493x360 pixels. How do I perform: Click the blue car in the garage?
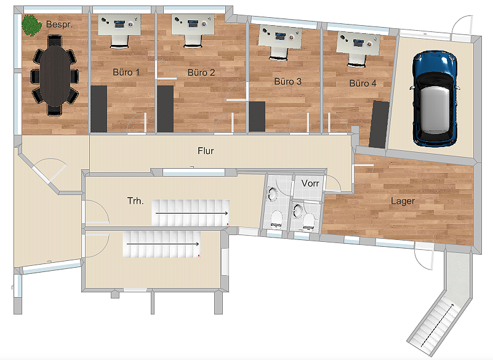[435, 98]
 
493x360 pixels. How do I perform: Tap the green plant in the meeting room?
[31, 25]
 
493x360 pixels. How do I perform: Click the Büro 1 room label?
[126, 73]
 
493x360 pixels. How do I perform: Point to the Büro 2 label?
[201, 73]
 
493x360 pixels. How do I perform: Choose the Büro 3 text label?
[287, 82]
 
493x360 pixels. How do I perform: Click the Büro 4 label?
[363, 83]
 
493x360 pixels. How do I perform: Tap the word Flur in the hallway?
[206, 151]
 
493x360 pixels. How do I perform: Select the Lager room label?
[403, 201]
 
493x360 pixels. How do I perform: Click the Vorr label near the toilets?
[310, 183]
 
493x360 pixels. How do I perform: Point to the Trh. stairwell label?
[135, 201]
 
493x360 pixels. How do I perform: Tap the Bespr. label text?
[59, 24]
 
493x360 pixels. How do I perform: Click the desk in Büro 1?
[119, 25]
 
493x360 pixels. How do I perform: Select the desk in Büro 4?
[358, 44]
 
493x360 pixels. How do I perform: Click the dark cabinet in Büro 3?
[257, 117]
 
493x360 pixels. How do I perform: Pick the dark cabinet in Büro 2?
[166, 109]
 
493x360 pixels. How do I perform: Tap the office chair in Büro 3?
[279, 54]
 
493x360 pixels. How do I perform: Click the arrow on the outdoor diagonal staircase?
[437, 325]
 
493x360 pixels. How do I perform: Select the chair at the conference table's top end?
[55, 41]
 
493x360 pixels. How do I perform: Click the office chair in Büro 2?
[193, 41]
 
